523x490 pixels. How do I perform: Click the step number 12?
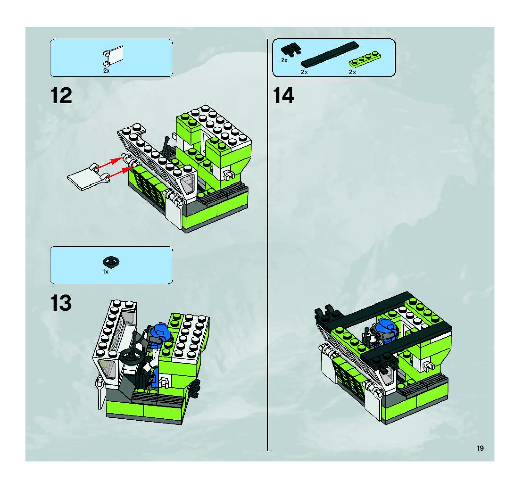coord(61,96)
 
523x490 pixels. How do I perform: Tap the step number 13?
coord(61,303)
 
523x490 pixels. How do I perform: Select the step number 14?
coord(283,96)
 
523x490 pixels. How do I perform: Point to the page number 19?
coord(480,448)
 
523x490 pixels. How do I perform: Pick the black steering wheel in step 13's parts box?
coord(111,262)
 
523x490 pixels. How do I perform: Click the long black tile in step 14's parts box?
coord(330,54)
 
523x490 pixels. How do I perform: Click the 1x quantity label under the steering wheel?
coord(105,272)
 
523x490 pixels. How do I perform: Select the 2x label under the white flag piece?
coord(106,71)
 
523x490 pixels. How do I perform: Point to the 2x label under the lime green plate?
coord(352,72)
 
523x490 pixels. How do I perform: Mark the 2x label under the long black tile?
coord(304,72)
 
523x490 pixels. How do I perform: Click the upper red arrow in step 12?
coord(109,162)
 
